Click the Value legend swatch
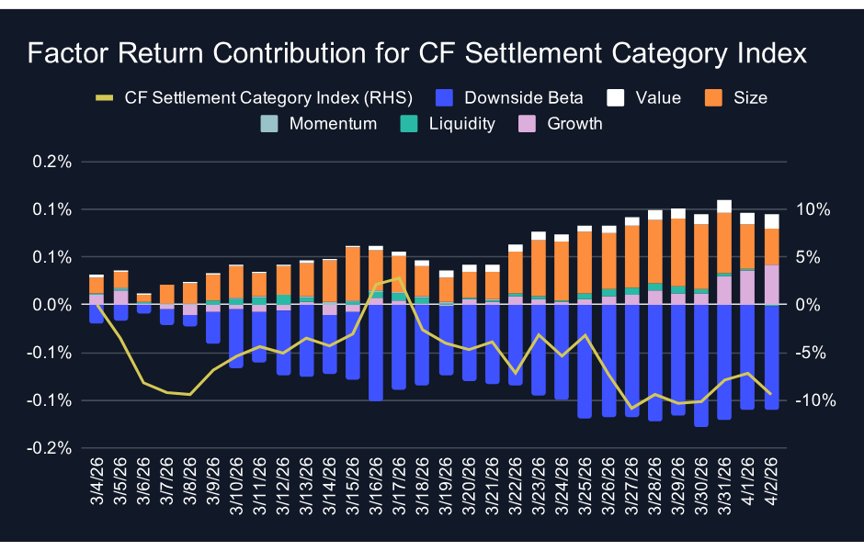tap(615, 97)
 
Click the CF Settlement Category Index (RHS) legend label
tap(267, 97)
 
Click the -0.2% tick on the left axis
tap(51, 448)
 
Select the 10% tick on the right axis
tap(813, 209)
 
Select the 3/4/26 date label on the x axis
tap(97, 493)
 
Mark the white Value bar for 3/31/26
tap(724, 206)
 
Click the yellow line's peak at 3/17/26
tap(398, 278)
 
